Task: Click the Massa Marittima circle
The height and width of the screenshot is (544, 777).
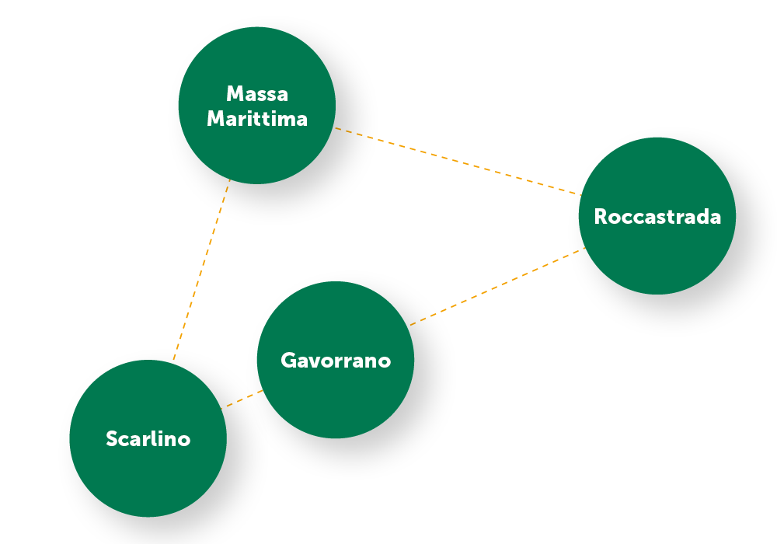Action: click(257, 148)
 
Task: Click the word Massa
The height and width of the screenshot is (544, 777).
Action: click(257, 94)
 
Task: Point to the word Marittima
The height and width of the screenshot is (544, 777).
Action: click(257, 119)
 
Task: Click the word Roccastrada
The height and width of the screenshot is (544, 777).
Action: click(657, 216)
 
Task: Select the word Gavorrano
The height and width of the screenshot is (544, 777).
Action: click(336, 361)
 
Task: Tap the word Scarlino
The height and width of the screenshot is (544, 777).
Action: click(148, 439)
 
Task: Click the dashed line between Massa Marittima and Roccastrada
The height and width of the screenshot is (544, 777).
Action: click(458, 161)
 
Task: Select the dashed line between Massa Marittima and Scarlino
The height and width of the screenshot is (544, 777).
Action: click(201, 271)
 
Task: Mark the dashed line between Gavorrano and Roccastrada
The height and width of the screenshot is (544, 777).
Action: click(497, 286)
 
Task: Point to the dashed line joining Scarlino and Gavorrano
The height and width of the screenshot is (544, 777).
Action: click(242, 399)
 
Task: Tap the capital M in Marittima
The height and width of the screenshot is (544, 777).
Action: click(217, 119)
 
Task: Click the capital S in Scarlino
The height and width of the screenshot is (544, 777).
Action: click(112, 439)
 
